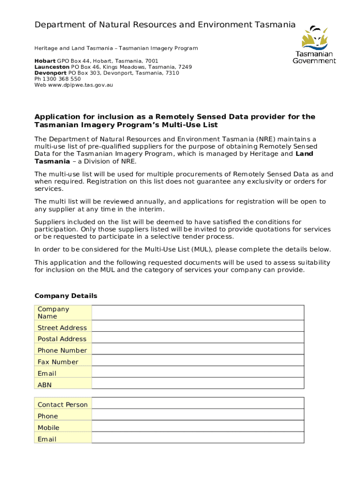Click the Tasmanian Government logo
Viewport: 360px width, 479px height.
314,45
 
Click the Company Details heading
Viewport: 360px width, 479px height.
66,296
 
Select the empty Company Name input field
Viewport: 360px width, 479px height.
198,312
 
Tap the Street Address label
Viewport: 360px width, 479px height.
62,327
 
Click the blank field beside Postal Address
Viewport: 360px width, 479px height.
198,339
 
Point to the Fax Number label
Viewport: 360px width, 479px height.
58,362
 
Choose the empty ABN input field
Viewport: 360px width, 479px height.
198,385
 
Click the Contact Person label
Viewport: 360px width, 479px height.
63,405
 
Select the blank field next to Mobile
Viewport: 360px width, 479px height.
198,428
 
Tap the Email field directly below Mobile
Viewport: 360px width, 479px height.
198,439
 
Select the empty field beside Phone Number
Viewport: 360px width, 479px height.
198,350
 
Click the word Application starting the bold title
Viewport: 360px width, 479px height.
57,116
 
